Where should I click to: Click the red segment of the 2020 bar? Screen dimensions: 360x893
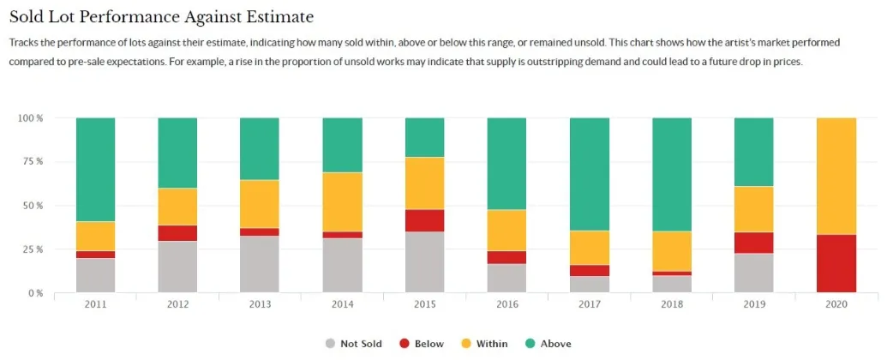click(x=836, y=263)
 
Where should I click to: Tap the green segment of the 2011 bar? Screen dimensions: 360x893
click(x=95, y=169)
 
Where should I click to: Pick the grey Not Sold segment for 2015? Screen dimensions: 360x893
click(x=424, y=262)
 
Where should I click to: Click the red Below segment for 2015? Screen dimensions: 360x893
click(x=424, y=220)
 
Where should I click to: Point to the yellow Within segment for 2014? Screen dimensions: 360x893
click(x=342, y=201)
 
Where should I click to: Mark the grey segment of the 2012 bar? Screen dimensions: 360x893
click(x=177, y=267)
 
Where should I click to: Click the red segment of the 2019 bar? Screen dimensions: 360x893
click(x=754, y=243)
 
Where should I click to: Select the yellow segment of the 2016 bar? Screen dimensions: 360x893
click(x=507, y=230)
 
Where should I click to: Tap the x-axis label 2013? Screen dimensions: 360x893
click(x=260, y=305)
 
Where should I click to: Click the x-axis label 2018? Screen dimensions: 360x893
click(x=672, y=305)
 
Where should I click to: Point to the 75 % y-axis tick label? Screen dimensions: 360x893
click(x=31, y=161)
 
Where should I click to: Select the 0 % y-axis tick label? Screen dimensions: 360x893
click(x=33, y=293)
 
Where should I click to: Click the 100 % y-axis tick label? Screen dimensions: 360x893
click(x=29, y=117)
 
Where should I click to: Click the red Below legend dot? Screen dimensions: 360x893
click(x=404, y=344)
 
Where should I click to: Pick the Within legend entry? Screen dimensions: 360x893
click(x=485, y=344)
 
